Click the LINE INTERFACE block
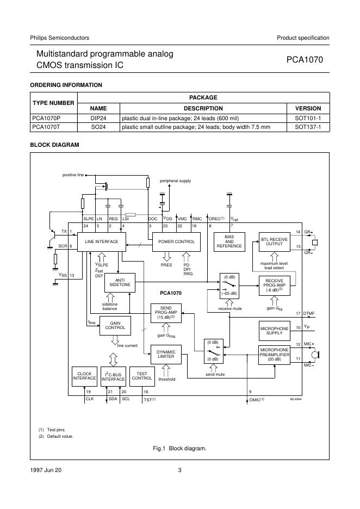tap(102, 241)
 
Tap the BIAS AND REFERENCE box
tap(229, 242)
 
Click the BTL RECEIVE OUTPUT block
tap(275, 242)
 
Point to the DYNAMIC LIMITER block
tap(165, 355)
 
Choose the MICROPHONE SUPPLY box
tap(275, 330)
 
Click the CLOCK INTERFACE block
tap(84, 376)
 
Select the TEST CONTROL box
tap(142, 376)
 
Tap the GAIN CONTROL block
tap(115, 325)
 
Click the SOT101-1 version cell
tap(308, 117)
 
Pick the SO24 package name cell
tap(98, 127)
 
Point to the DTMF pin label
tap(309, 314)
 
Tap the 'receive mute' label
tap(229, 308)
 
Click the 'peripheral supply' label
tap(175, 181)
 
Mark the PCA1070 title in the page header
tap(305, 60)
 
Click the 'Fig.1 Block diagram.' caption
tap(179, 449)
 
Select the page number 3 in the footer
tap(179, 470)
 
